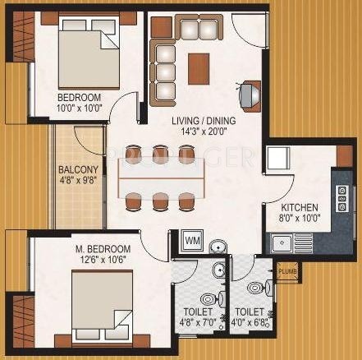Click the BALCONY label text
coord(80,172)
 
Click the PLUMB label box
coord(286,270)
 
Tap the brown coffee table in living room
coord(198,67)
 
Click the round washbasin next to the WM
coord(216,246)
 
